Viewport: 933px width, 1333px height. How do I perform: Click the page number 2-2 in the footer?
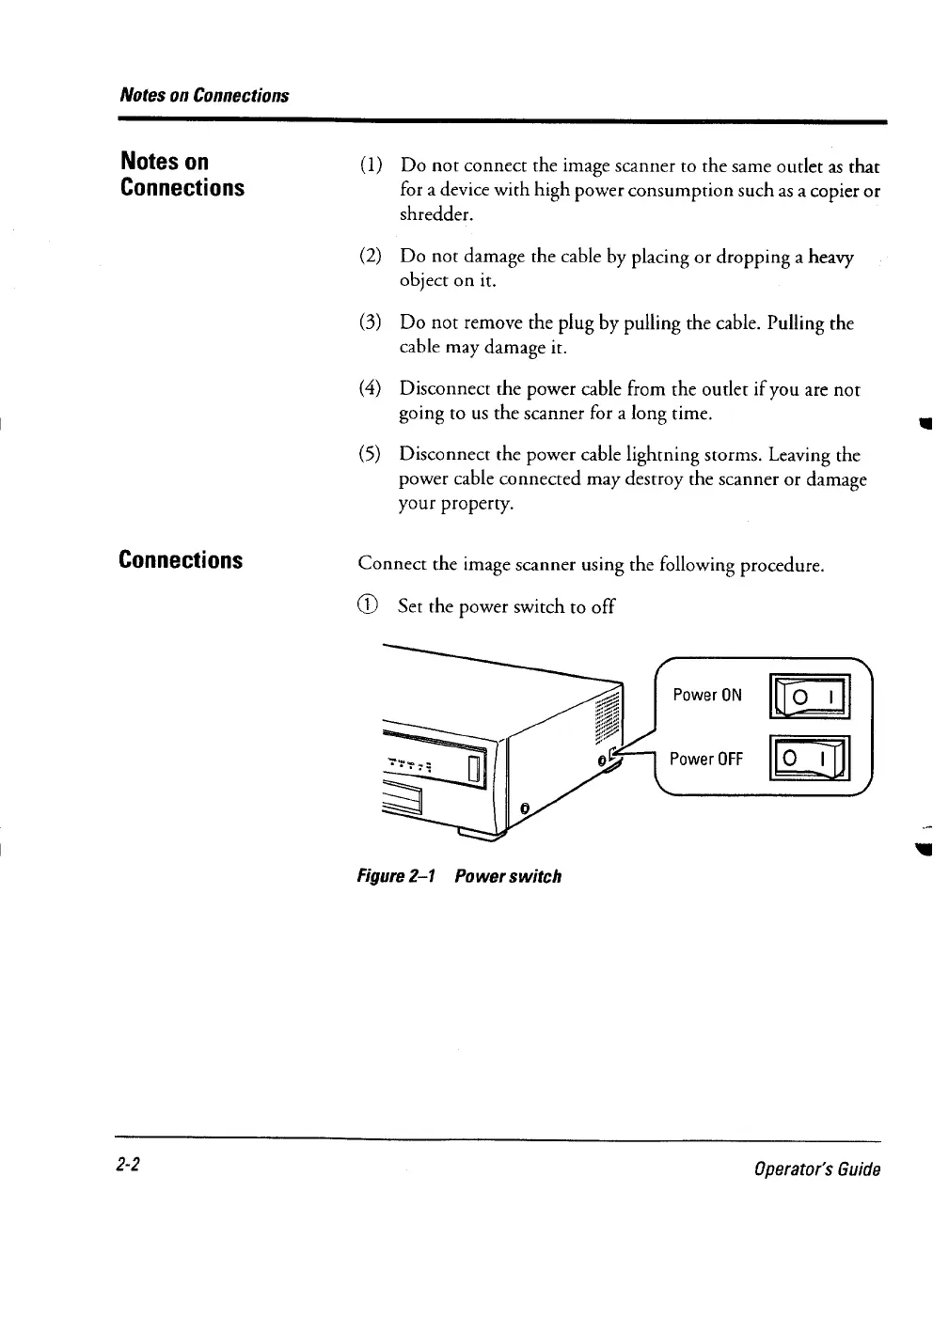(x=129, y=1165)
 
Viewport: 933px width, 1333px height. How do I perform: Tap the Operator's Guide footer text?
(x=817, y=1169)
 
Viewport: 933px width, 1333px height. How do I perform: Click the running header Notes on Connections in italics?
(x=204, y=95)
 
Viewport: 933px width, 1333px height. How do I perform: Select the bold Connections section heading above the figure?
(x=181, y=560)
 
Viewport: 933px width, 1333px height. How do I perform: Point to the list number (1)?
(x=370, y=166)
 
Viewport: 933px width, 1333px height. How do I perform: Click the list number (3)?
(x=370, y=323)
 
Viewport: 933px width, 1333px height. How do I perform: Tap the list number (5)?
(x=370, y=455)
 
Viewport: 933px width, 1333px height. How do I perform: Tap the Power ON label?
(x=707, y=696)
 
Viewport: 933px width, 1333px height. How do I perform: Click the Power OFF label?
(x=705, y=759)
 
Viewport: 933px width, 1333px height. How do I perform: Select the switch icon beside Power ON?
(x=810, y=697)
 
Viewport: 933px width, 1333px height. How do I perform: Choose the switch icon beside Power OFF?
(x=810, y=760)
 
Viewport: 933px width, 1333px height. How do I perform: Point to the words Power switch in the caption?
(x=508, y=876)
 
